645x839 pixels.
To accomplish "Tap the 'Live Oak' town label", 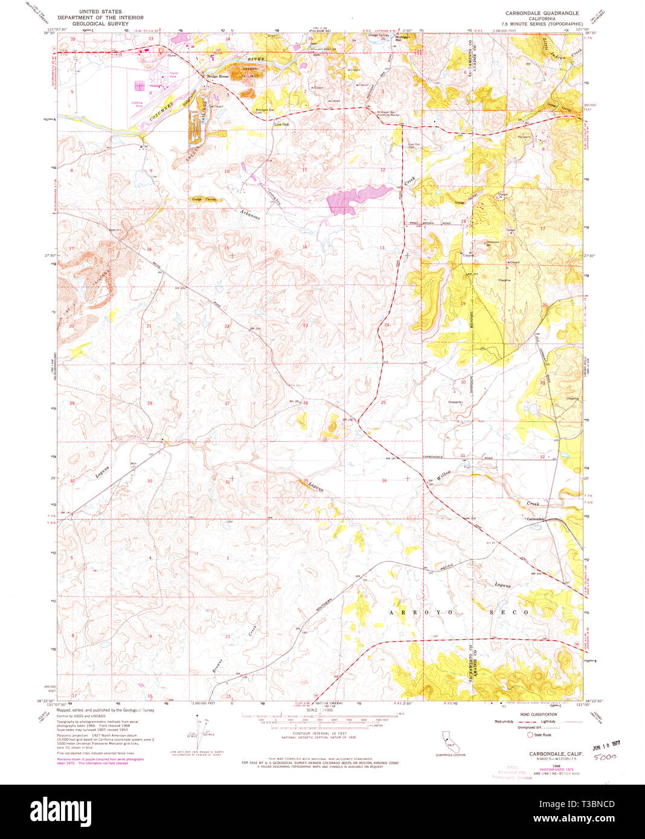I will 281,124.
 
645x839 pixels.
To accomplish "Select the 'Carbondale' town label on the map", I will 535,519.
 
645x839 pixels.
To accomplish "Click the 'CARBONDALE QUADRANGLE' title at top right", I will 542,13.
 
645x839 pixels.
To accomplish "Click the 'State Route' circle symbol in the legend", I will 530,735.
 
